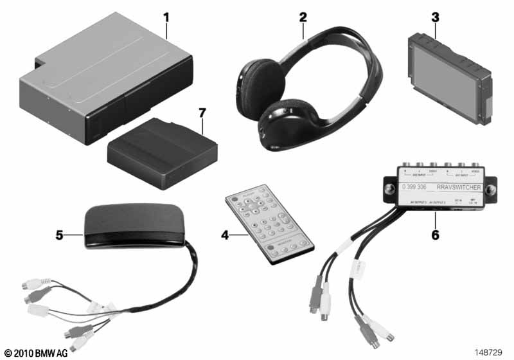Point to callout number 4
tap(225, 235)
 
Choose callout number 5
tap(60, 235)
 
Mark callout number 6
tap(435, 235)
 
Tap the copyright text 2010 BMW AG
tap(37, 352)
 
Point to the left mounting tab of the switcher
tap(389, 190)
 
